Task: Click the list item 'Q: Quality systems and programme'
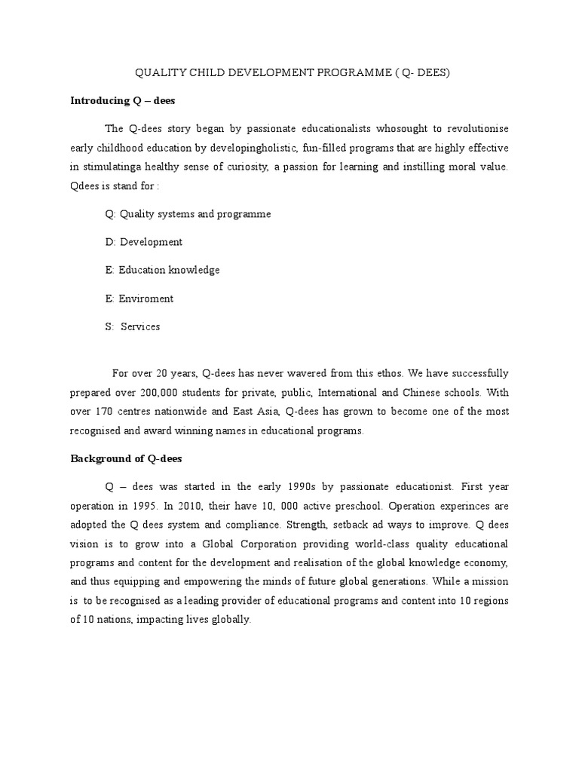point(188,214)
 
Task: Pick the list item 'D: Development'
point(143,242)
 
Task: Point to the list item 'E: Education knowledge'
point(162,270)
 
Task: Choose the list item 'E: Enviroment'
point(139,299)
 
